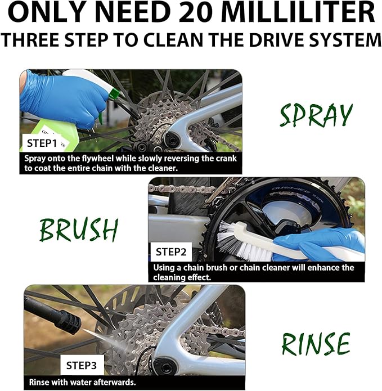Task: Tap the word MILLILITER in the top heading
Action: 298,12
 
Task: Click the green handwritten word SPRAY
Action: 316,115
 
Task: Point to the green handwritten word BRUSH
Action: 79,230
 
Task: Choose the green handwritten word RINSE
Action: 316,344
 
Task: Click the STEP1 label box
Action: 42,143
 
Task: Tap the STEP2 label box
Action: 171,252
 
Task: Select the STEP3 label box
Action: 82,365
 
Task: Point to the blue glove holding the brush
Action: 322,243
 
